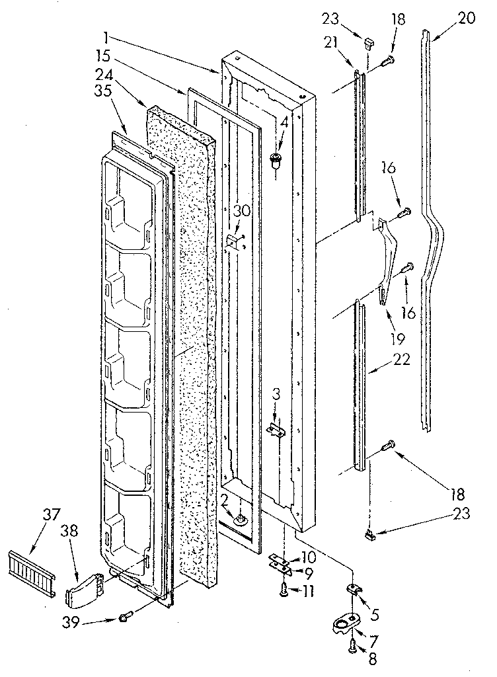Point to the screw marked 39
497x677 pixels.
click(124, 617)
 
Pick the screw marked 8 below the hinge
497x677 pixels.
click(350, 649)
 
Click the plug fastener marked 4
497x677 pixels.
click(277, 159)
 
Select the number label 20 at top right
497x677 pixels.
click(466, 19)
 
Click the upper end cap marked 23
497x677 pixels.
click(368, 44)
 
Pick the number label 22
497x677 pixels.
click(401, 361)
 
